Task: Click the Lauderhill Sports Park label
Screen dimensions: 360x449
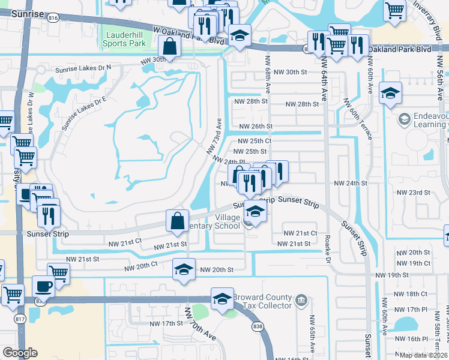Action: (x=125, y=39)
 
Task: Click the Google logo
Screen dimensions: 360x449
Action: (x=20, y=353)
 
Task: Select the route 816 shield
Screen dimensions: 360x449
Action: (x=53, y=18)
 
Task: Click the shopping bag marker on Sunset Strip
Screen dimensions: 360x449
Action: (x=178, y=221)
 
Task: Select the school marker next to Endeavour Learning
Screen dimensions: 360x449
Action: (x=390, y=93)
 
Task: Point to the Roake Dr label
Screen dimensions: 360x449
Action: (x=328, y=251)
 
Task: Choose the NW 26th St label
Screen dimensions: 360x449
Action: (x=256, y=127)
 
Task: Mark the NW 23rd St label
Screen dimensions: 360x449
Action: (x=415, y=193)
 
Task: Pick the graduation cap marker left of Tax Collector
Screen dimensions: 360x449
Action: (x=222, y=298)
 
